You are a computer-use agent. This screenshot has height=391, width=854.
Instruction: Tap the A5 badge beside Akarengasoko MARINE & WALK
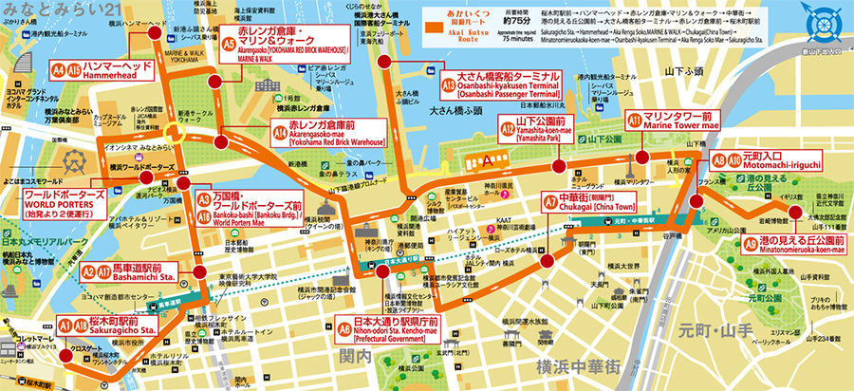point(229,43)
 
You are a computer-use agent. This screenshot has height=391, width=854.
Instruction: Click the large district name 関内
point(359,356)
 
